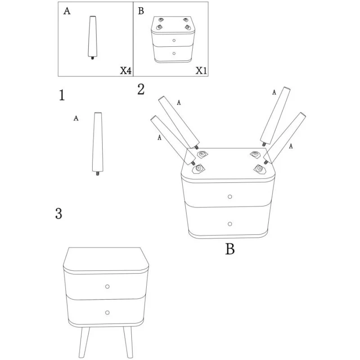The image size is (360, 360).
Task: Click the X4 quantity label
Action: coord(126,71)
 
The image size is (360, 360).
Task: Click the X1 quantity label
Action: coord(201,71)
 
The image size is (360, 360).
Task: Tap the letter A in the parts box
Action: coord(67,11)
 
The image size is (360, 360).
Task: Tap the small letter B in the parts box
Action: coord(141,11)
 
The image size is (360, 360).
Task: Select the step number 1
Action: coord(62,95)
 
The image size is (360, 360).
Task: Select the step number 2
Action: coord(141,89)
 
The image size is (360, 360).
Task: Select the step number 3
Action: coord(59,213)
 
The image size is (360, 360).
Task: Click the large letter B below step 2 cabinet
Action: coord(230,249)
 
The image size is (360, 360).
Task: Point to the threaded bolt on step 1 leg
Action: coord(98,173)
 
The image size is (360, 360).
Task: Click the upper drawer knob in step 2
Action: coord(229,197)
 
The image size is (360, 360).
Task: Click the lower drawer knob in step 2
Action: coord(230,224)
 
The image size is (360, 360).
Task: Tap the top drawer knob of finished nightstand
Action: coord(107,287)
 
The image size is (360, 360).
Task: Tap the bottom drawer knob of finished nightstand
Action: coord(107,312)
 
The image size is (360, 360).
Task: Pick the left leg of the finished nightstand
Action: coord(84,342)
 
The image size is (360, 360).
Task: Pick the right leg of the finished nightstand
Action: coord(128,342)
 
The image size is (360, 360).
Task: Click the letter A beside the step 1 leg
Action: coord(76,118)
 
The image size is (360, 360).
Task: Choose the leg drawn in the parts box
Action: coord(93,38)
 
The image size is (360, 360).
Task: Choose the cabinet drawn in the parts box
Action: coord(173,40)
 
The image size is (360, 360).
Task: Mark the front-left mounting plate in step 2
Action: coord(198,170)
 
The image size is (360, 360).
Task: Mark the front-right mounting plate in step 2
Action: coord(260,169)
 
